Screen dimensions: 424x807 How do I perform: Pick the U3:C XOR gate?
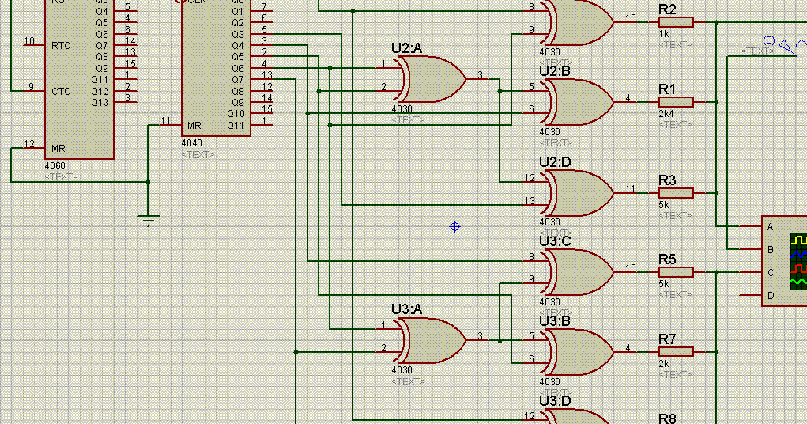(582, 271)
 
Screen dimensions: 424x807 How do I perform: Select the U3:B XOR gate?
(582, 350)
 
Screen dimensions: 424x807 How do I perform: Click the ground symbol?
(149, 218)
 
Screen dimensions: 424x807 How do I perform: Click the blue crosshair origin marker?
(454, 227)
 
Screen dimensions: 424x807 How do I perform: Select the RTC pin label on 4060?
(61, 45)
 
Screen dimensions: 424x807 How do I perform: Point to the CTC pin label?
(61, 91)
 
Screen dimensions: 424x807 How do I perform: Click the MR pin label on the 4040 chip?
(194, 126)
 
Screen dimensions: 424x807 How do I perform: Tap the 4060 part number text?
(56, 167)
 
